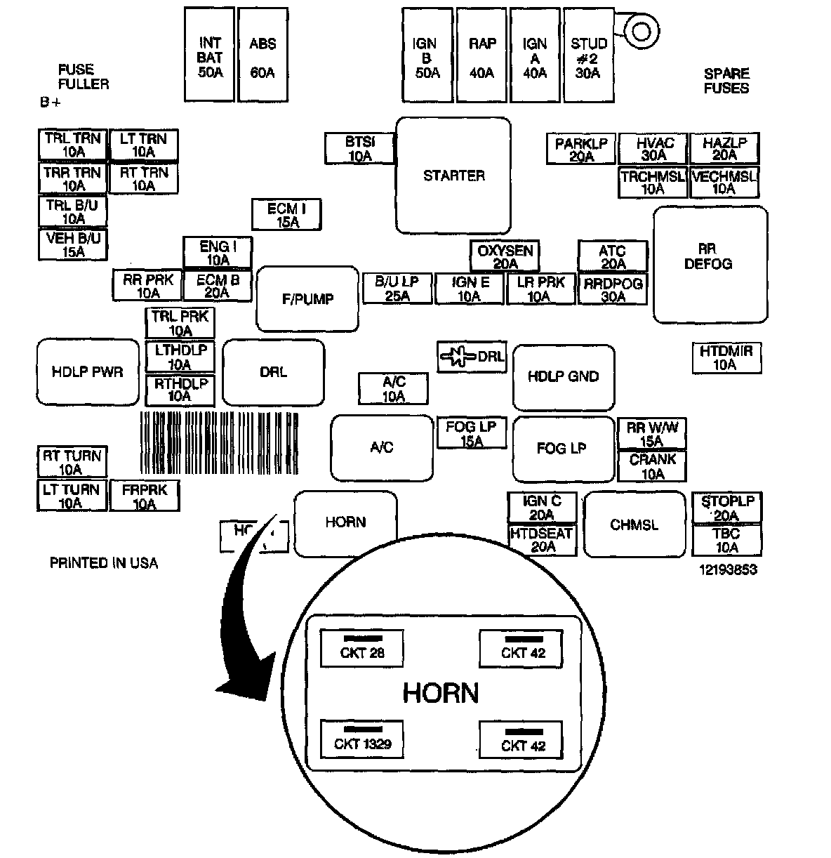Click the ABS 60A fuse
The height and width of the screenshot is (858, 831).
click(262, 55)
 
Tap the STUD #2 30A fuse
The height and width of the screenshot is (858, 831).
click(588, 55)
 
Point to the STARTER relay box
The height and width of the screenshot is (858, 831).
click(453, 176)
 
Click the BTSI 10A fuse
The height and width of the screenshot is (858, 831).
click(360, 149)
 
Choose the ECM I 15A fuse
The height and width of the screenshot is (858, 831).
click(287, 215)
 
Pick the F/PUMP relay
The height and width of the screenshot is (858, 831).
click(307, 299)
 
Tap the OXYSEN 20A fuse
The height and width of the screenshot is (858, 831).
click(505, 257)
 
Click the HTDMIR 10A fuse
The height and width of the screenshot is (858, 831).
click(726, 357)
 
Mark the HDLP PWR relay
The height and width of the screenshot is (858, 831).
click(87, 371)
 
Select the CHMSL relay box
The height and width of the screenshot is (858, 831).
click(634, 524)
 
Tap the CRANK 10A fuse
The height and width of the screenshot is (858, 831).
click(652, 467)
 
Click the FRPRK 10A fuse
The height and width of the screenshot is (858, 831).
click(145, 496)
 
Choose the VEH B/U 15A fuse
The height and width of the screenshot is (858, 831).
click(73, 244)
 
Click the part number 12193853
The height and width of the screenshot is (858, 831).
click(728, 569)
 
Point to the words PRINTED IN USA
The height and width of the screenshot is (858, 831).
click(104, 563)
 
